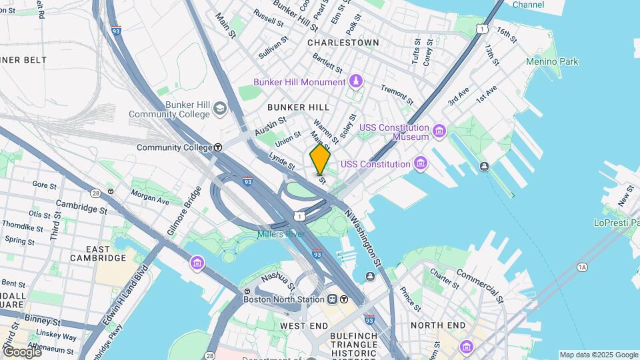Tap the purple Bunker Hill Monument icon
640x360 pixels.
356,81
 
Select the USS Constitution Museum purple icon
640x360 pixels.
439,129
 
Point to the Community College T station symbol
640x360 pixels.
217,147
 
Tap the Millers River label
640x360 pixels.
281,234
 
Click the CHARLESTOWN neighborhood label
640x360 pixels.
343,43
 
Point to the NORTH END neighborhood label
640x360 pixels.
437,325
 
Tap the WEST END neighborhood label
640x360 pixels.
303,325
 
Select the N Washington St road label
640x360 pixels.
364,238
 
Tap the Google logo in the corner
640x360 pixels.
21,351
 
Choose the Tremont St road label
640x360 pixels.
397,93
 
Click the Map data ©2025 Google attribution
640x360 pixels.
598,355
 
